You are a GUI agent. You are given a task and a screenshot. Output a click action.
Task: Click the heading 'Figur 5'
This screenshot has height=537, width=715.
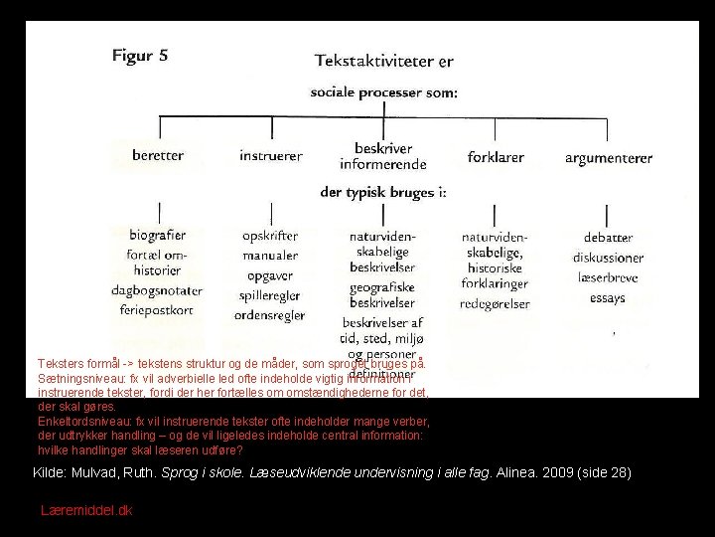139,56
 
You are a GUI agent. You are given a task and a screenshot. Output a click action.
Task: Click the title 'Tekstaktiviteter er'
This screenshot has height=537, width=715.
384,61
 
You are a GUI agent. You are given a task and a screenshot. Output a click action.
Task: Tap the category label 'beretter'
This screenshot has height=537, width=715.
159,156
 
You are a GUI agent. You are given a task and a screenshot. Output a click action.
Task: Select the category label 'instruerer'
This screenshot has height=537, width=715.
271,156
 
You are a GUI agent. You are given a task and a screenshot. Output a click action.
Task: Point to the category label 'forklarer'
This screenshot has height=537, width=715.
497,156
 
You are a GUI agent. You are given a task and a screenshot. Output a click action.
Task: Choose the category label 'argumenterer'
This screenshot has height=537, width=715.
609,157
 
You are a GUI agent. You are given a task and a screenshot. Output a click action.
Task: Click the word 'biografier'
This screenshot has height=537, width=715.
159,236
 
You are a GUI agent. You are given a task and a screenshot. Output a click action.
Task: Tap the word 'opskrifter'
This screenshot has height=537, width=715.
271,236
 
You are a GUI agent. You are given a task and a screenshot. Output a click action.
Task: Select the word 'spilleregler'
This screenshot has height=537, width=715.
271,295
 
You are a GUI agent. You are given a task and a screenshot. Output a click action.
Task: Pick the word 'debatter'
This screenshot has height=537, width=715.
608,238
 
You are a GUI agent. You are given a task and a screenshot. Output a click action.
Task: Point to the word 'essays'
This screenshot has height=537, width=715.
608,297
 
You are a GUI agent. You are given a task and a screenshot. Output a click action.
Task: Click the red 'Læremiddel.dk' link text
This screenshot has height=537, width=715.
86,510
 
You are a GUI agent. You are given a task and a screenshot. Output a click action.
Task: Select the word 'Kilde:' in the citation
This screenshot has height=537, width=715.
52,472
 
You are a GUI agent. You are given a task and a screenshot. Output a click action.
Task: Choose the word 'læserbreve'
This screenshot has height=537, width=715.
608,277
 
